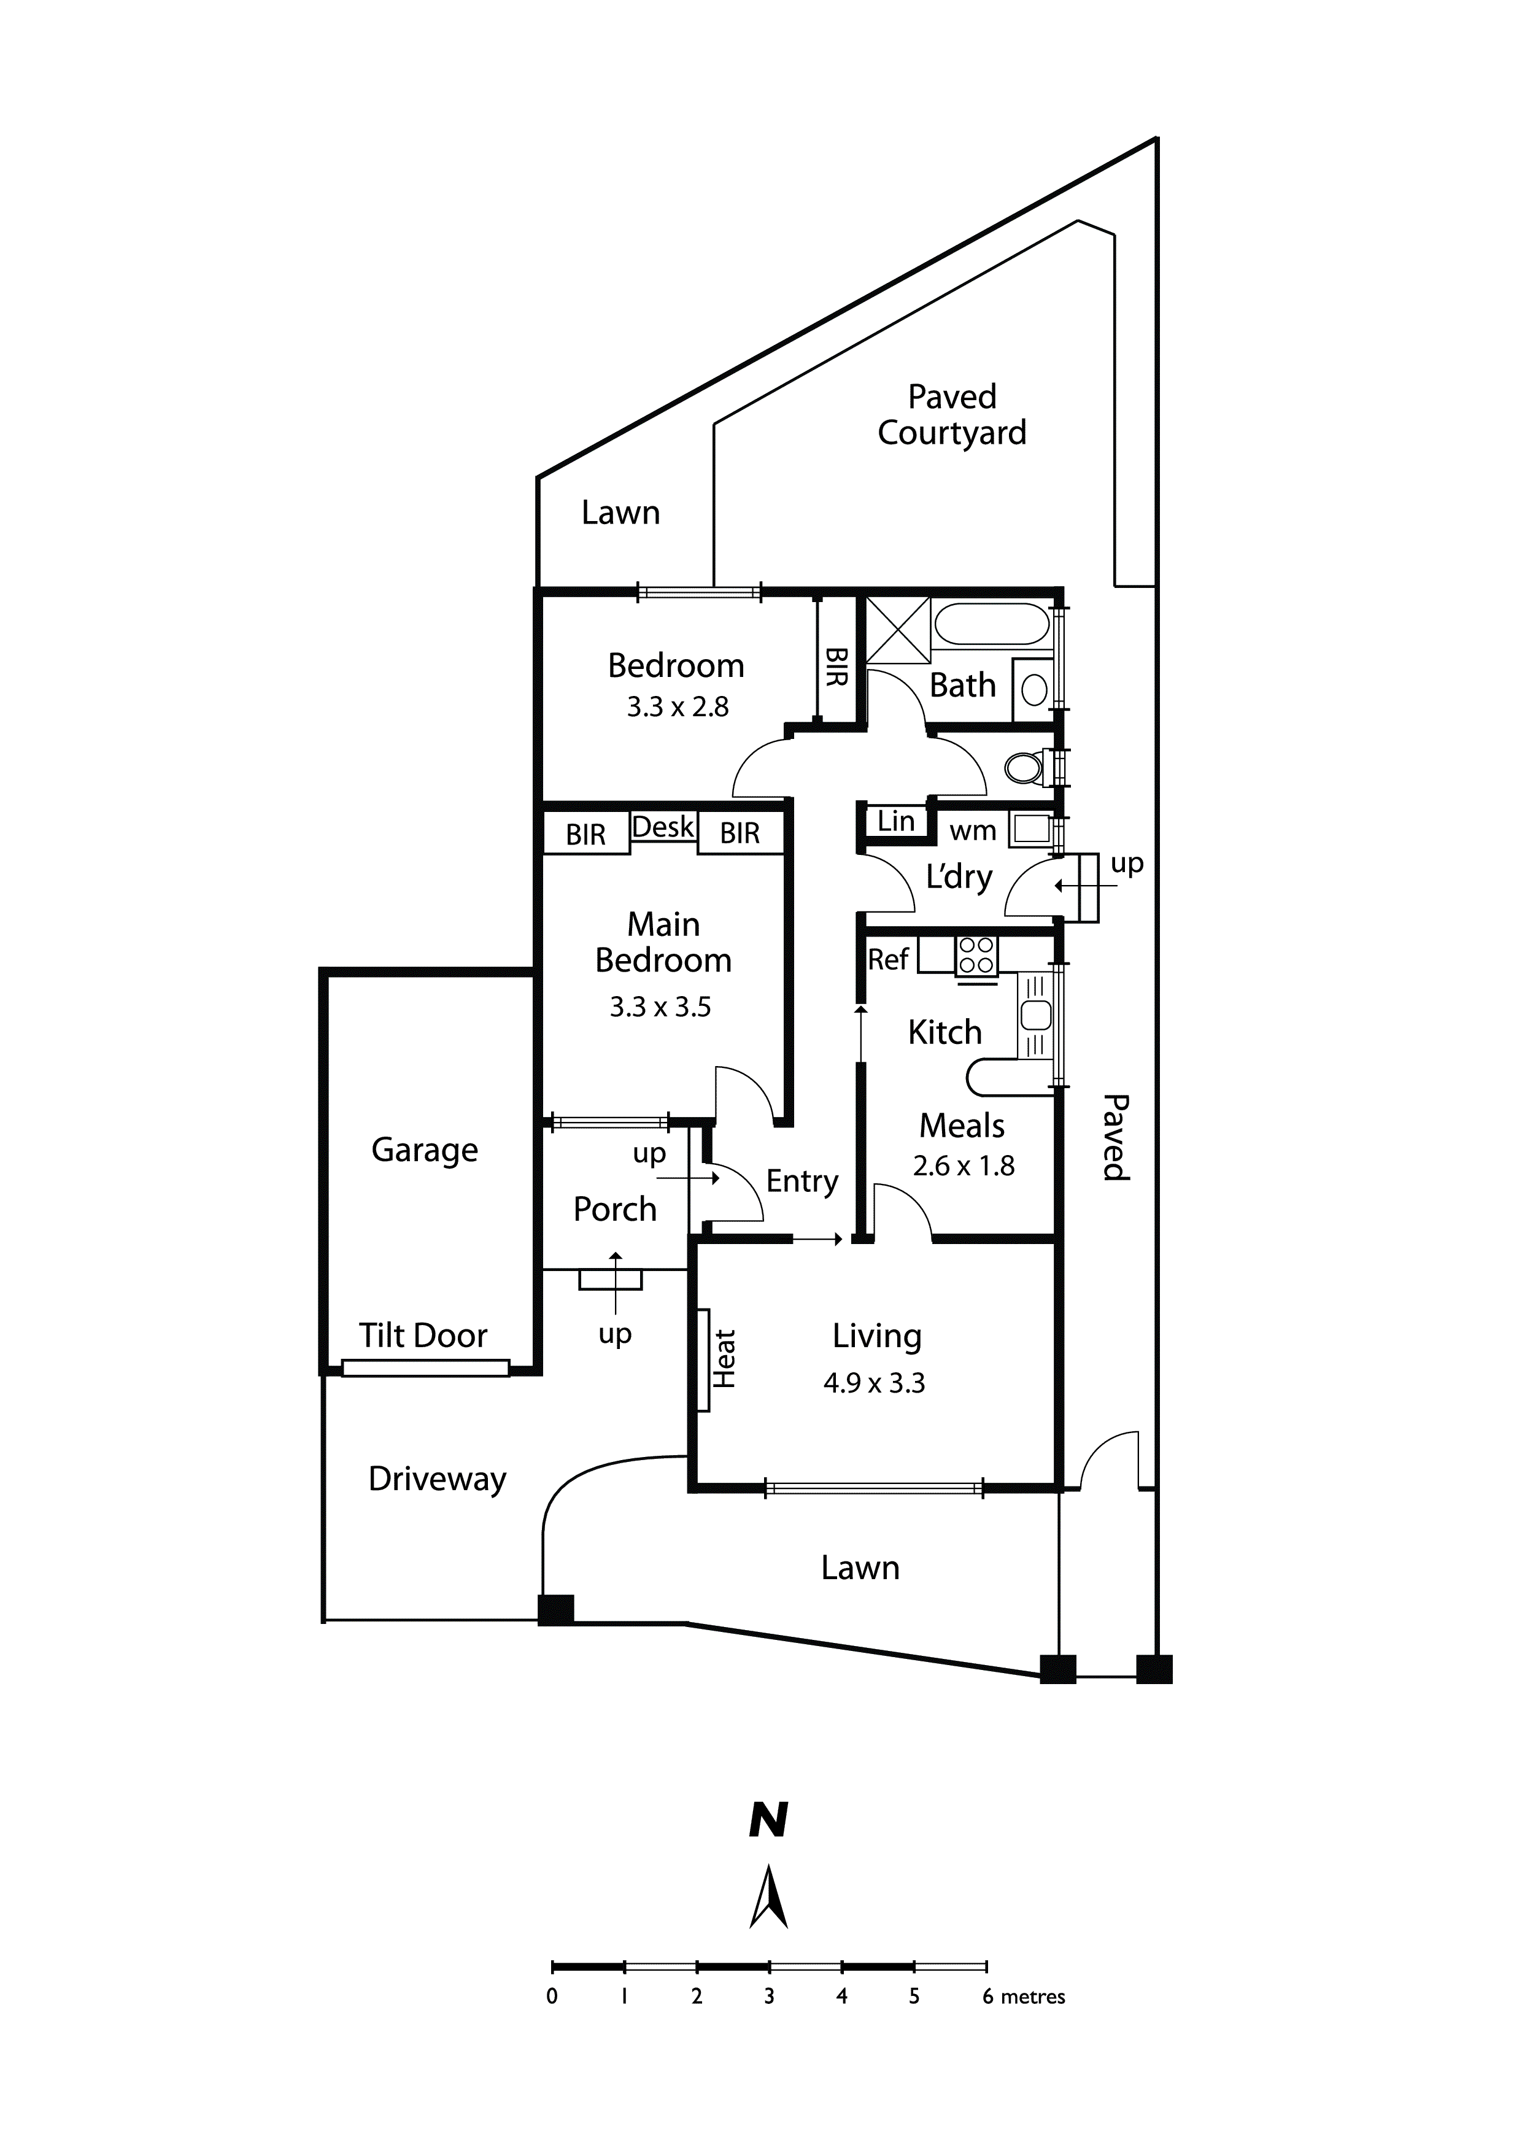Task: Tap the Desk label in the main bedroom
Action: tap(663, 827)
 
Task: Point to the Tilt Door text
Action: tap(423, 1335)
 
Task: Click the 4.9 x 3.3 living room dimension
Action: tap(874, 1383)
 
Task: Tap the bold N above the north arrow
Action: tap(768, 1821)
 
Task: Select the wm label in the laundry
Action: tap(973, 831)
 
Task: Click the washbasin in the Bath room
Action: tap(1033, 690)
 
